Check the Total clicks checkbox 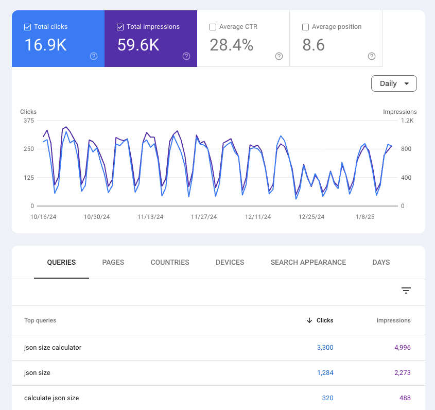28,27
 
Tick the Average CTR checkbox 213,27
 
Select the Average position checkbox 305,27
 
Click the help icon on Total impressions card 186,56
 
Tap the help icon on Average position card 372,56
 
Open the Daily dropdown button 394,83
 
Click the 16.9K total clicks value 45,45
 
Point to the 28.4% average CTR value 231,45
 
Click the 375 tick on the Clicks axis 28,121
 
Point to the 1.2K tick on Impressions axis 408,121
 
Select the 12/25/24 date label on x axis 311,217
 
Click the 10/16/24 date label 43,217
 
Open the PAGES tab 113,262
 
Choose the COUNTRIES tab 170,262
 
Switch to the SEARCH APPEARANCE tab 308,262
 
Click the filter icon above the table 406,291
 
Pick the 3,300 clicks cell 325,348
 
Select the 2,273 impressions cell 402,372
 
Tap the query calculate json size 51,398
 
